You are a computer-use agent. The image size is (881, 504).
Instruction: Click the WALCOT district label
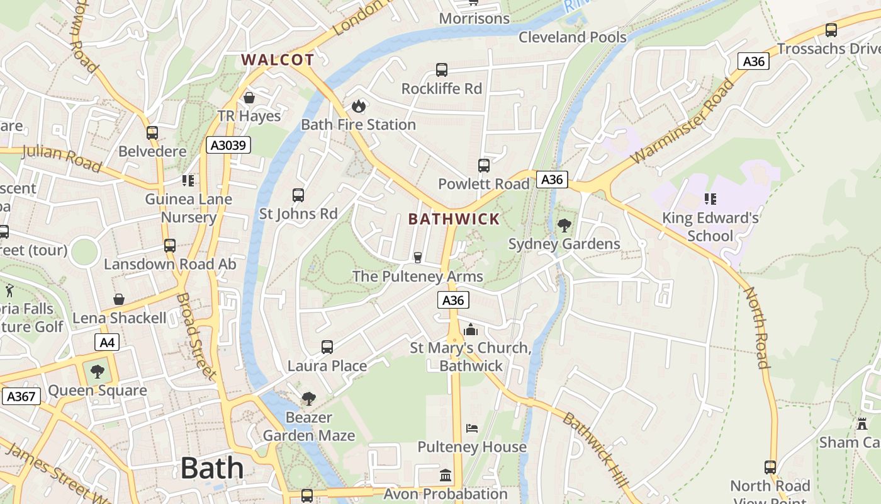click(x=278, y=60)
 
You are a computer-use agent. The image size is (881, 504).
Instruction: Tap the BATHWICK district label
click(x=454, y=219)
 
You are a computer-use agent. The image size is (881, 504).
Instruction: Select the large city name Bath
click(x=212, y=468)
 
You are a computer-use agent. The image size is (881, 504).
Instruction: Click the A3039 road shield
click(x=228, y=146)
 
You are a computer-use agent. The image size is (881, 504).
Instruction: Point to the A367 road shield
click(x=21, y=396)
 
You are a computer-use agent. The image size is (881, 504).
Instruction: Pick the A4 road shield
click(x=107, y=343)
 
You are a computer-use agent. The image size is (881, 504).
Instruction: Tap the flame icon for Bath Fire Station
click(x=359, y=106)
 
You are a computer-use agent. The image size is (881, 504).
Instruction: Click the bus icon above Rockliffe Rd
click(x=442, y=70)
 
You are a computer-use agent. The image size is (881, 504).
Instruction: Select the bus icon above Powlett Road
click(x=483, y=166)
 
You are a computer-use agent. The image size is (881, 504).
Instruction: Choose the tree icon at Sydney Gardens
click(x=564, y=225)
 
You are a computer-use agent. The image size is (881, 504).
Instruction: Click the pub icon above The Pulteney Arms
click(x=417, y=257)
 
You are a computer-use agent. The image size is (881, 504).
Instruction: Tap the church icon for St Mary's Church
click(x=470, y=329)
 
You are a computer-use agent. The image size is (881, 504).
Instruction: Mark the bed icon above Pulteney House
click(x=472, y=428)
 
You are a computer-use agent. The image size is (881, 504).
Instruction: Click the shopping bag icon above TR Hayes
click(x=249, y=98)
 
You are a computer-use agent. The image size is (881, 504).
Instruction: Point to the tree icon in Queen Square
click(x=97, y=372)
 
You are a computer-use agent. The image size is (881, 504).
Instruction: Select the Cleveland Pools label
click(x=572, y=37)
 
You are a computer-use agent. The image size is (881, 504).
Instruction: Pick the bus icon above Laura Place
click(x=327, y=346)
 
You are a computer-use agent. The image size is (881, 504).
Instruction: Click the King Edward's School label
click(x=710, y=227)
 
